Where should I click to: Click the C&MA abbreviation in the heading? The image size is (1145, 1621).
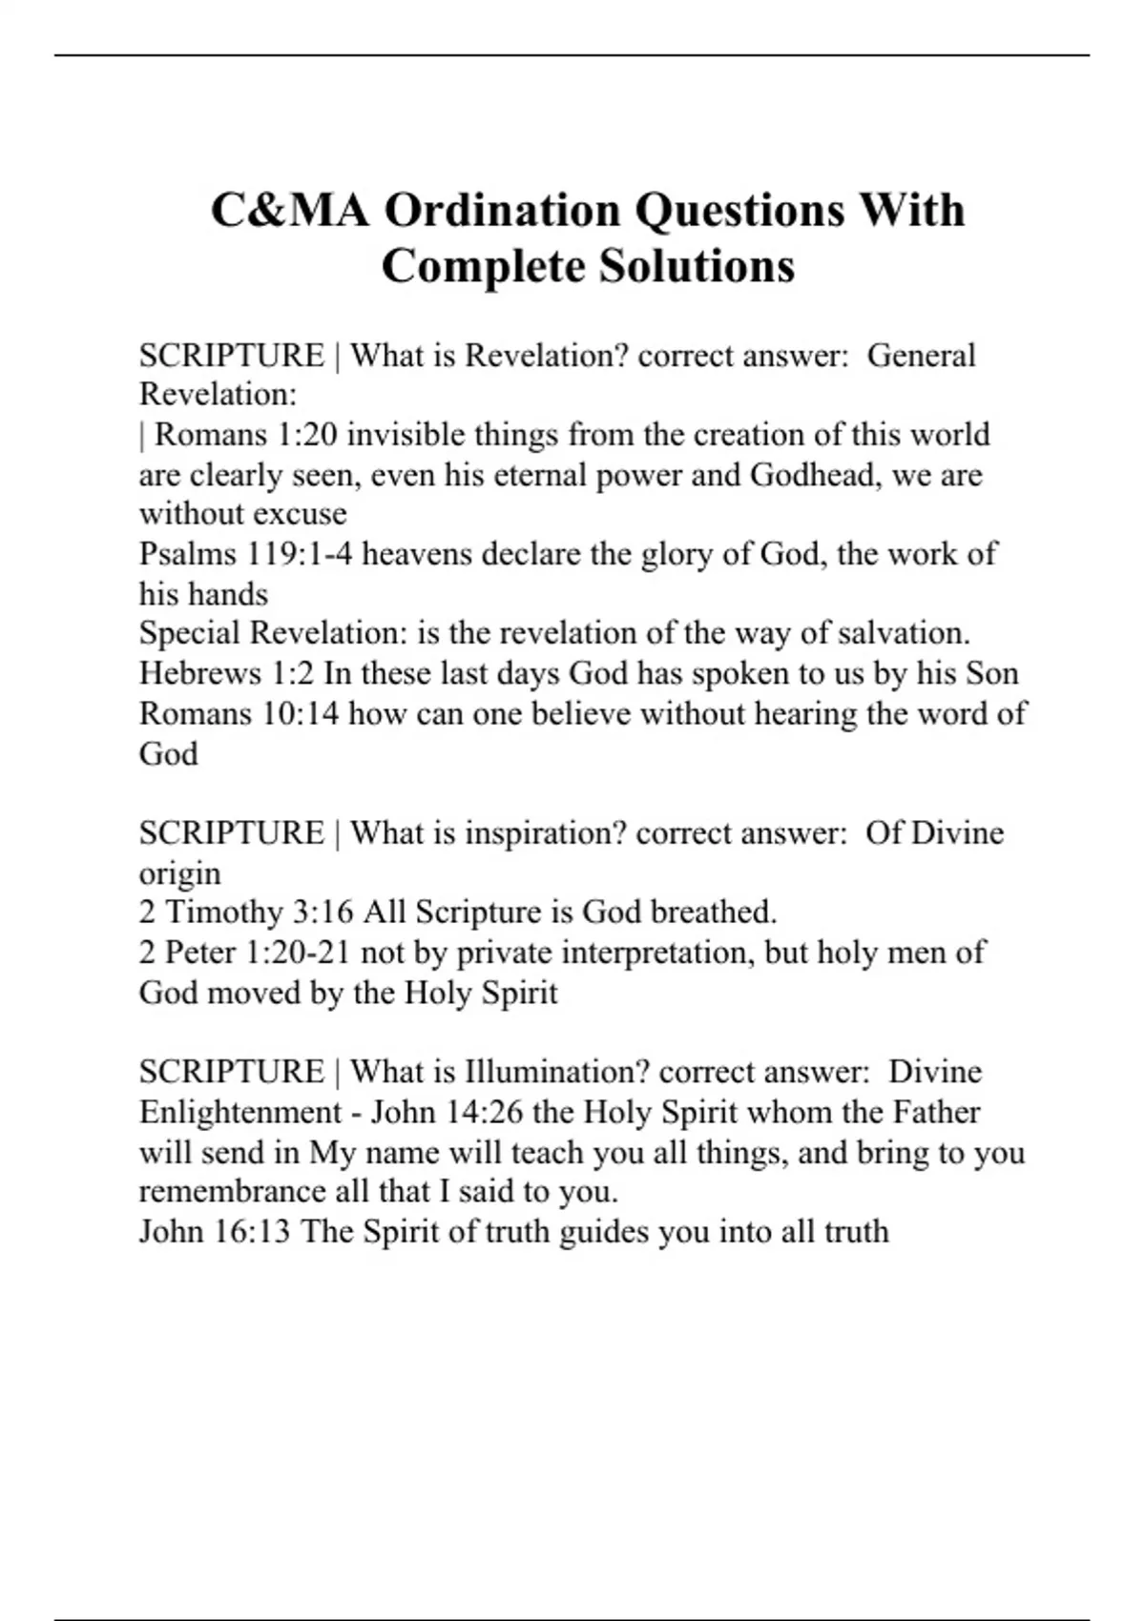tap(289, 211)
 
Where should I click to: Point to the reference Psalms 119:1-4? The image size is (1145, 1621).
tap(245, 554)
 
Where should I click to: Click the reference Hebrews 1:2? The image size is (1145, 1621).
tap(226, 674)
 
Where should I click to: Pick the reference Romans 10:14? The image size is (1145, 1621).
tap(239, 714)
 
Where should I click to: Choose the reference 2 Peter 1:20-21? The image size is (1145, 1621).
tap(245, 953)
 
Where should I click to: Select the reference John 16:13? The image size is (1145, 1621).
tap(215, 1232)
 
